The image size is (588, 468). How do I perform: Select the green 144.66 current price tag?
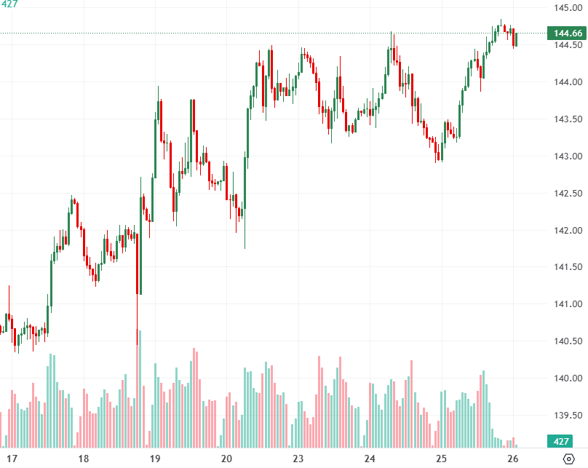[567, 33]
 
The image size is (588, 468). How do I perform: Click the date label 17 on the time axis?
[12, 459]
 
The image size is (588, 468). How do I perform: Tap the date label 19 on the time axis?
[154, 459]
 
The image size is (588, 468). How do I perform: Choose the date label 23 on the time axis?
[298, 459]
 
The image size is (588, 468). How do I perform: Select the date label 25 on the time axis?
[441, 459]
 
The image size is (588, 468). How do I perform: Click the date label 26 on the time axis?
[512, 459]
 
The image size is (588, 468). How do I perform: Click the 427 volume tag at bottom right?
[561, 441]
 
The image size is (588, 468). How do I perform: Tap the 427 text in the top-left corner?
[9, 4]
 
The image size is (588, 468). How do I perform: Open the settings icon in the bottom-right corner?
[569, 459]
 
